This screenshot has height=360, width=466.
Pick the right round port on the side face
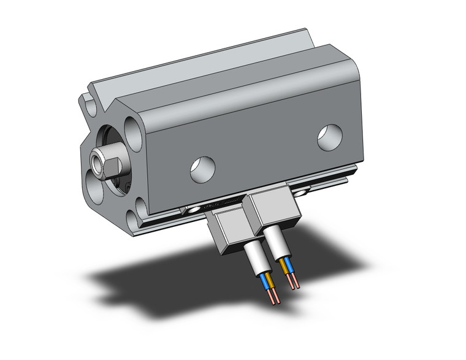[330, 137]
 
